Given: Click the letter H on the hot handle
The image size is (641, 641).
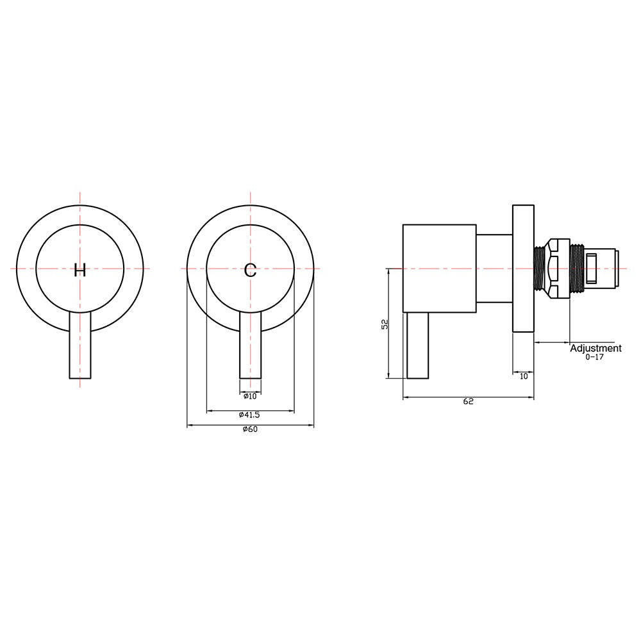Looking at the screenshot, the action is tap(79, 271).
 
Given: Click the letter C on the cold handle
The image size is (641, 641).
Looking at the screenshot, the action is tap(250, 271).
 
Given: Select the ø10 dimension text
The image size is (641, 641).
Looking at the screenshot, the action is tap(250, 396).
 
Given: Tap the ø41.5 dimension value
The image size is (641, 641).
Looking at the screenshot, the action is tap(249, 415).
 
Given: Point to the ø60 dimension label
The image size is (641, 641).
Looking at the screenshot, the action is tap(250, 429).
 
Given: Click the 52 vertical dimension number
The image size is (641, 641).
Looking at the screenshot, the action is tap(385, 324).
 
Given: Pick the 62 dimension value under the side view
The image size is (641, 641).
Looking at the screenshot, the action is tap(468, 401).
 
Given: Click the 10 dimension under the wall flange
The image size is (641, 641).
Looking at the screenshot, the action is tap(524, 376).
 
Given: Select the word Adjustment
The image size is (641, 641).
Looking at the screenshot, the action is tap(595, 348).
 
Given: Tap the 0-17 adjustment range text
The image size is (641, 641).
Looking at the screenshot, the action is tap(594, 357).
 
